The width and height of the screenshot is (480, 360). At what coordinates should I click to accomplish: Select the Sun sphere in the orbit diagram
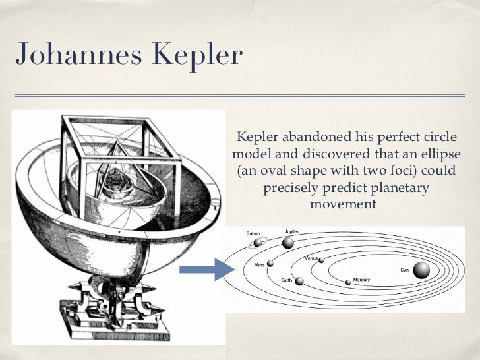(x=421, y=270)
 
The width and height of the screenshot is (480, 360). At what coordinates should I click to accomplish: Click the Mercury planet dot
(x=348, y=282)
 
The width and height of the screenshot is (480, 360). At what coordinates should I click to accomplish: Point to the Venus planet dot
(x=321, y=260)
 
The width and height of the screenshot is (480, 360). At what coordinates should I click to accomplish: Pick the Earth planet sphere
(x=299, y=281)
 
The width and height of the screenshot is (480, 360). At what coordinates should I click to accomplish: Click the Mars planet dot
(x=270, y=264)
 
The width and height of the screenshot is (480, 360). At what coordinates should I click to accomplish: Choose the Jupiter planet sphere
(x=287, y=243)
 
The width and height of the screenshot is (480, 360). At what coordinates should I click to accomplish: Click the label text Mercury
(x=361, y=280)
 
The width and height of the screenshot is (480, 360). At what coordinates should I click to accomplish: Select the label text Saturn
(x=254, y=233)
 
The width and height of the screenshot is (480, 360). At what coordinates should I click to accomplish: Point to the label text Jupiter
(x=292, y=232)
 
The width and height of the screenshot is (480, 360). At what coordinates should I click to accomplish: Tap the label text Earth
(x=287, y=281)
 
